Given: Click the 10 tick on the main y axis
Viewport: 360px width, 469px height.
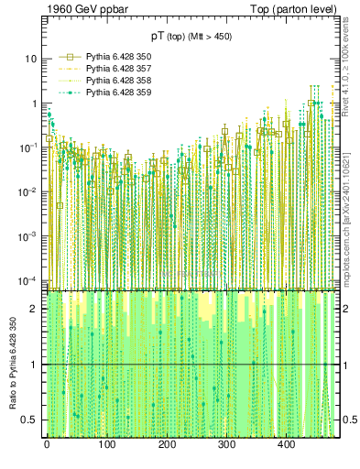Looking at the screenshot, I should point(30,59).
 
